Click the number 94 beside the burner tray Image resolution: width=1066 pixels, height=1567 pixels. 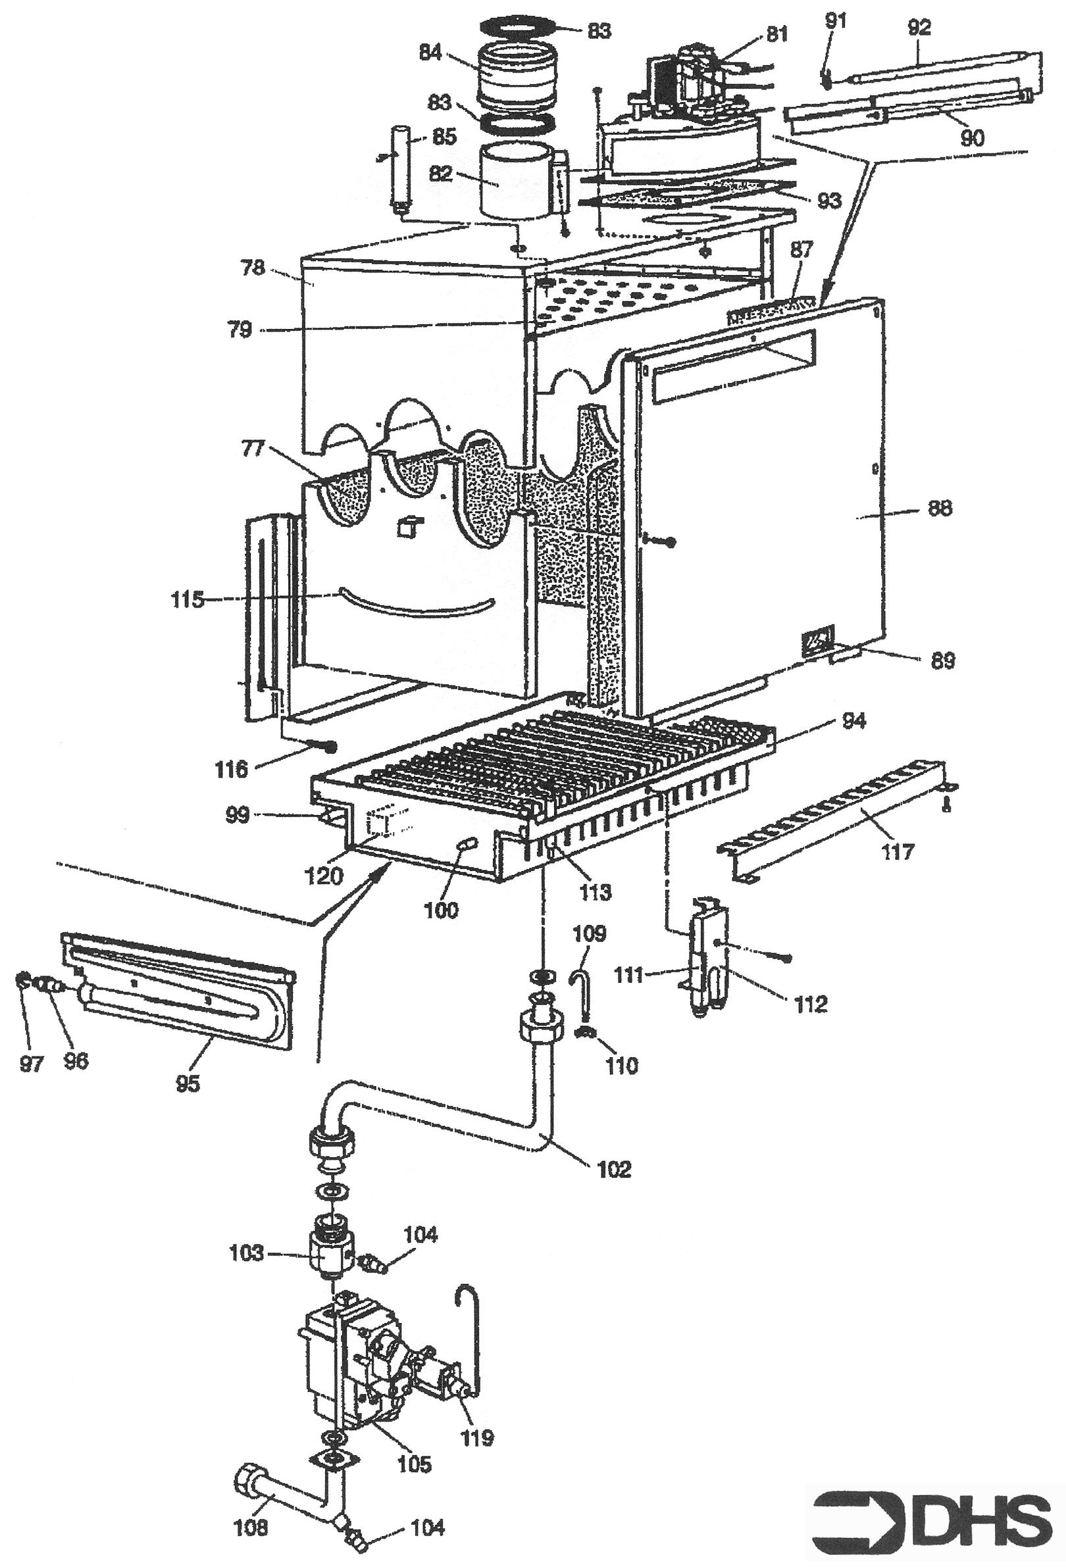[851, 722]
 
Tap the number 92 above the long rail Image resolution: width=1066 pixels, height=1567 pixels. [920, 28]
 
